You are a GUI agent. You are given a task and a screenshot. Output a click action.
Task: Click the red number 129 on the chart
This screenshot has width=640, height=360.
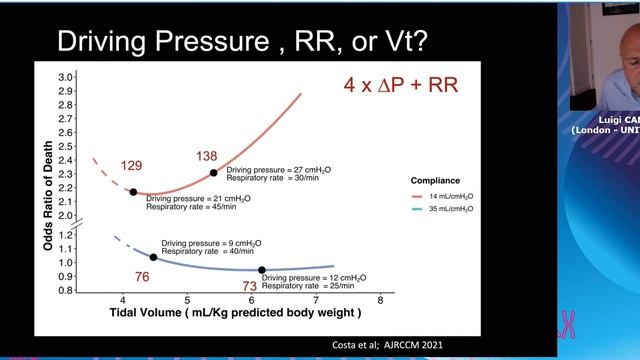133,165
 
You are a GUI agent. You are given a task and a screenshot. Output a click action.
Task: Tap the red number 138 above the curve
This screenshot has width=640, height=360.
207,156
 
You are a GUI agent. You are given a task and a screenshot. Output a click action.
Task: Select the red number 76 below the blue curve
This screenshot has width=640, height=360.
142,277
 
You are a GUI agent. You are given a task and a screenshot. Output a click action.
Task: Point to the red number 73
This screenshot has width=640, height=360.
251,287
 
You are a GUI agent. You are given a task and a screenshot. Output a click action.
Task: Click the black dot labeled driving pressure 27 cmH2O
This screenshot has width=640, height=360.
213,173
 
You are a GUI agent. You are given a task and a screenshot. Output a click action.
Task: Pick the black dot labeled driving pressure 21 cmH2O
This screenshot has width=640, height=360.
133,192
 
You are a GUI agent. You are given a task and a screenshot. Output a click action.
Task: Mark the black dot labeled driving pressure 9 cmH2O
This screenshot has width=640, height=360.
153,257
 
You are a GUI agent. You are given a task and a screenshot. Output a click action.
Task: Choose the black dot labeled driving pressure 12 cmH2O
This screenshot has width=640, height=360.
262,270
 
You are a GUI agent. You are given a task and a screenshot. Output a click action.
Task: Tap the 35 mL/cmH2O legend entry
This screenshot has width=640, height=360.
449,209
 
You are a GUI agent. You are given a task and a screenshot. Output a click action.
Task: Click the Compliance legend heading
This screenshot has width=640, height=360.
436,181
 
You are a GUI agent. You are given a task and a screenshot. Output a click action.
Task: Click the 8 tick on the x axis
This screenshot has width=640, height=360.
380,300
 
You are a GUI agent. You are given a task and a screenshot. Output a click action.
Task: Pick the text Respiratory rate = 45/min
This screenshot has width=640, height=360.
191,207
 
